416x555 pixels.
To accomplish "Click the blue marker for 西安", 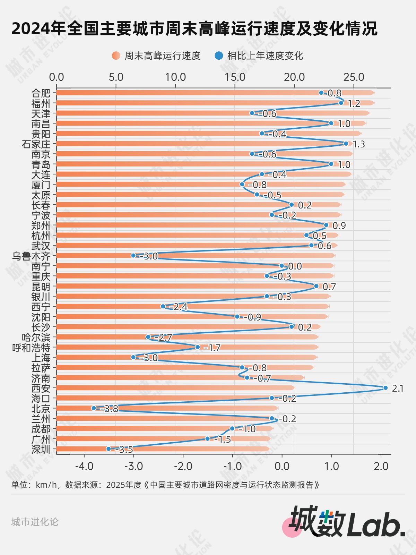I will (x=385, y=388).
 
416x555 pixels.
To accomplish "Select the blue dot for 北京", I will (x=94, y=408).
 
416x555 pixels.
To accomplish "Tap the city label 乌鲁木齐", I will (x=31, y=256).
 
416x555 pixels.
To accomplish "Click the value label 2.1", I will (x=398, y=388).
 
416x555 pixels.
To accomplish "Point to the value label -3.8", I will (x=110, y=409).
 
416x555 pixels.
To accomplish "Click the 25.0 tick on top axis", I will (x=354, y=77).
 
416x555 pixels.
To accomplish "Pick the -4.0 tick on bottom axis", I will (x=84, y=466).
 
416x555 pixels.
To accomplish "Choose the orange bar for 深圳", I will (x=163, y=449).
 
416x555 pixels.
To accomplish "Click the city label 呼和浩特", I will (x=31, y=348).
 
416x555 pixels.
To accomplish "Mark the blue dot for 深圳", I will (x=109, y=449).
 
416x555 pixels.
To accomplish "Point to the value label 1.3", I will (x=359, y=144).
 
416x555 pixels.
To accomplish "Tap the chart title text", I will (x=194, y=28).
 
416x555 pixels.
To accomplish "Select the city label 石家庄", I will (x=36, y=144).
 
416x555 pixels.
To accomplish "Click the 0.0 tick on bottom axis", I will (x=282, y=466).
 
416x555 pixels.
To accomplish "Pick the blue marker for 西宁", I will (x=163, y=306).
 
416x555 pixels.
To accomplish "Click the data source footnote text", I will (x=165, y=485).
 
